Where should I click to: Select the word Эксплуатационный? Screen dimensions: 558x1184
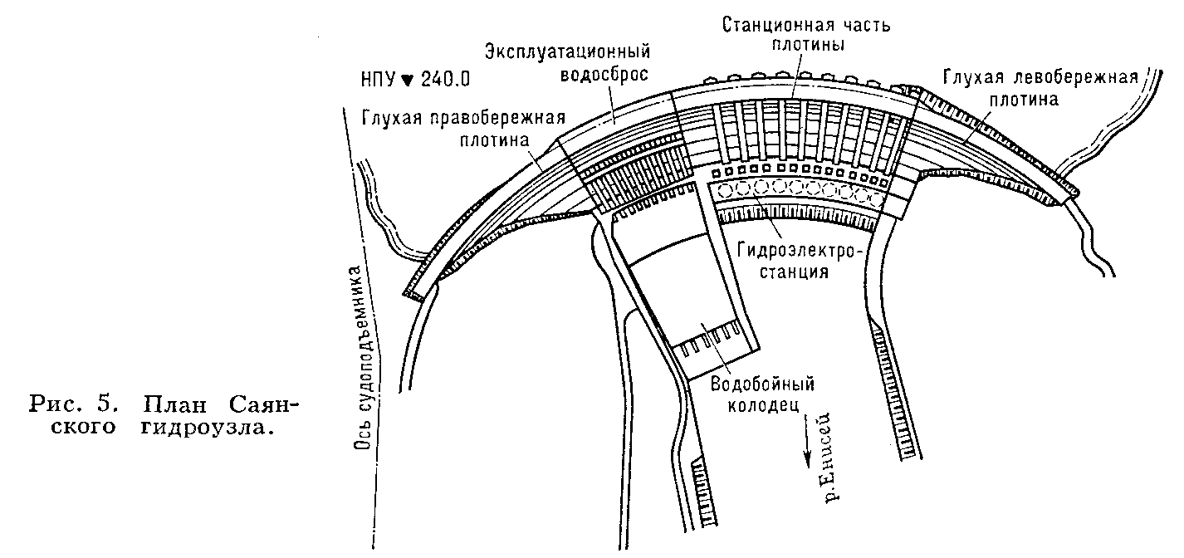tap(565, 54)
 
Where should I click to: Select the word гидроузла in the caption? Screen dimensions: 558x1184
tap(202, 429)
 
